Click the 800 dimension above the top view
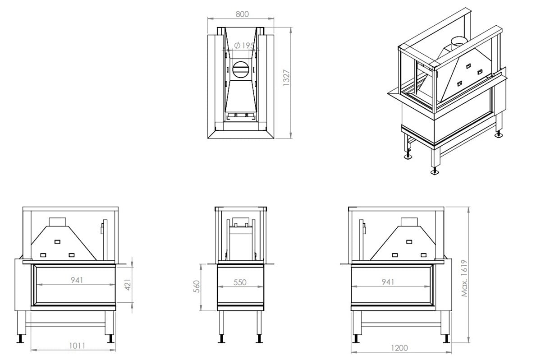(x=242, y=14)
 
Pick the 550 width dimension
(x=240, y=282)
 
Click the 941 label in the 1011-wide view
(x=77, y=280)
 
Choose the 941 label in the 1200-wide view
(x=387, y=282)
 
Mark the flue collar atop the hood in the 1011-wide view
(x=57, y=222)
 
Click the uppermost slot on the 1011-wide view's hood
(x=57, y=242)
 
